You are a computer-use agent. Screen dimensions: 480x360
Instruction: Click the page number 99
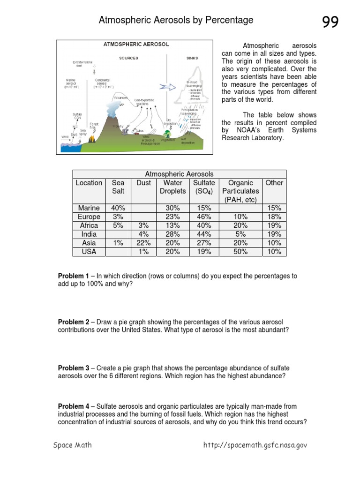330,22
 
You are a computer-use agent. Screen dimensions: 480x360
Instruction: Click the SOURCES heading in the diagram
128,58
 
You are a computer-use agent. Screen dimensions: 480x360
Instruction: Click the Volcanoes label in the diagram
120,97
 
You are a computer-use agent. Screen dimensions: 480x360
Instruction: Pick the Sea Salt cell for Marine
118,208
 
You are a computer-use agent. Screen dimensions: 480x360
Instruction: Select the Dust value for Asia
143,243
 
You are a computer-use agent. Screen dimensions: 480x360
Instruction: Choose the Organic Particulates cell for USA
240,252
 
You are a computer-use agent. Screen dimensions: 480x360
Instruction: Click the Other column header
274,183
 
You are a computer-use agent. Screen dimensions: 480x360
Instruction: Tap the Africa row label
89,225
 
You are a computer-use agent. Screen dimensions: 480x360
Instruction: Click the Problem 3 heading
74,368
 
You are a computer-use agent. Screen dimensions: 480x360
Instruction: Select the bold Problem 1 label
74,276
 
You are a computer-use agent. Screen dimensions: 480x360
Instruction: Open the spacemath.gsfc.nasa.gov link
255,445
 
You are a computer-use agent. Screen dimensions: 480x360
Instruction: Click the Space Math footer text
72,445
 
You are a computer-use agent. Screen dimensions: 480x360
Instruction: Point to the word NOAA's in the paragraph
244,130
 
